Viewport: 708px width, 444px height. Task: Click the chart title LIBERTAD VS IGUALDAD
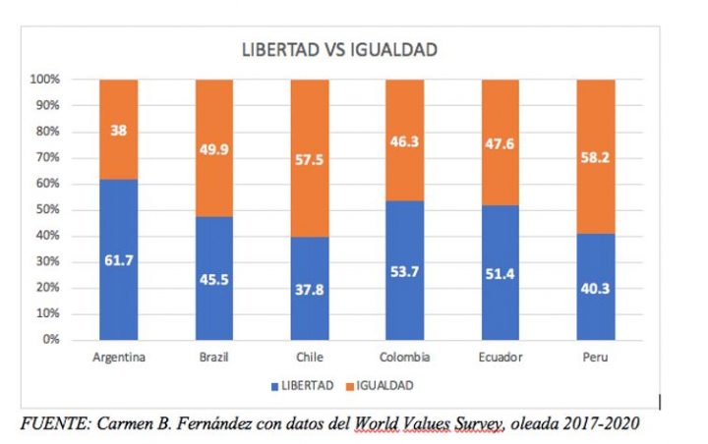pyautogui.click(x=339, y=50)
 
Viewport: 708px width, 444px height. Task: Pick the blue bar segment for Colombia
pyautogui.click(x=404, y=270)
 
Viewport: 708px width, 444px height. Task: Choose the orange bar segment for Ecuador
pyautogui.click(x=500, y=142)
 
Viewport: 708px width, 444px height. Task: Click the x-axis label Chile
pyautogui.click(x=309, y=357)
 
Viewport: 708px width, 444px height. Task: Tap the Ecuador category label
pyautogui.click(x=500, y=357)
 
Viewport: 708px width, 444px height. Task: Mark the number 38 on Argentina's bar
pyautogui.click(x=119, y=128)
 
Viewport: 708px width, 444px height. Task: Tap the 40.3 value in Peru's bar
pyautogui.click(x=595, y=289)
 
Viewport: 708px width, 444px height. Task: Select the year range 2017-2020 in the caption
pyautogui.click(x=593, y=423)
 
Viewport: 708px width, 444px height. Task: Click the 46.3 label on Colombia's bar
pyautogui.click(x=404, y=141)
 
